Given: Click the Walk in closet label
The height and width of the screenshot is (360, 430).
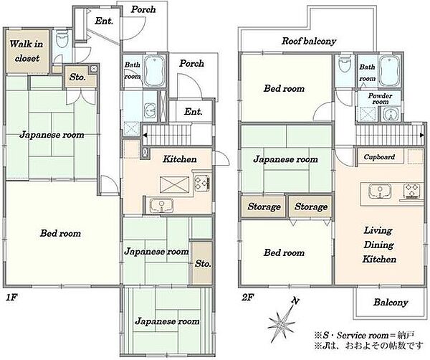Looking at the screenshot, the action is point(27,51).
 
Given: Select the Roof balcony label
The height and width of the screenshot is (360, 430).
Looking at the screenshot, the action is point(309,41).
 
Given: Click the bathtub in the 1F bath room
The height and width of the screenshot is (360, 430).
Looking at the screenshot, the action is point(154,71).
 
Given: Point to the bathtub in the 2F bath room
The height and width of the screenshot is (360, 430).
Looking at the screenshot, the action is point(390,71).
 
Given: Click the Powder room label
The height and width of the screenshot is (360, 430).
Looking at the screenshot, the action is point(380,98).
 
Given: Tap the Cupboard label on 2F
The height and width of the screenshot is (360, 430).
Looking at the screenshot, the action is point(379,157).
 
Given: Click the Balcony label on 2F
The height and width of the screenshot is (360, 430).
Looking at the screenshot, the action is point(391,303).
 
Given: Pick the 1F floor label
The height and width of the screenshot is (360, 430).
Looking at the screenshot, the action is point(11,298).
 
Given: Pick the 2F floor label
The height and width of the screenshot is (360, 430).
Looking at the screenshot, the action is point(248,298).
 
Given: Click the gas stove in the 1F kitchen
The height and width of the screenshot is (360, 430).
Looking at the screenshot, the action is point(202,183).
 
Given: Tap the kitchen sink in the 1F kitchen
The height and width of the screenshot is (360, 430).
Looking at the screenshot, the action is point(161,205).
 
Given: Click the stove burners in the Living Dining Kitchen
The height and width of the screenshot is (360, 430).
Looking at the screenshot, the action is point(411,191).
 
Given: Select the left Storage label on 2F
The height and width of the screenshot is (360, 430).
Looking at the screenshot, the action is point(264,207).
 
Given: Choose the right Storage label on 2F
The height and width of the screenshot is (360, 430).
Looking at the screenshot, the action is point(311,207).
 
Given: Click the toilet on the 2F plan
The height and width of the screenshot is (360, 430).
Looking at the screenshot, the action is point(344,64).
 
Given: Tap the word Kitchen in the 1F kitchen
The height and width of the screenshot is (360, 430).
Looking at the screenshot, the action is point(180,159).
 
